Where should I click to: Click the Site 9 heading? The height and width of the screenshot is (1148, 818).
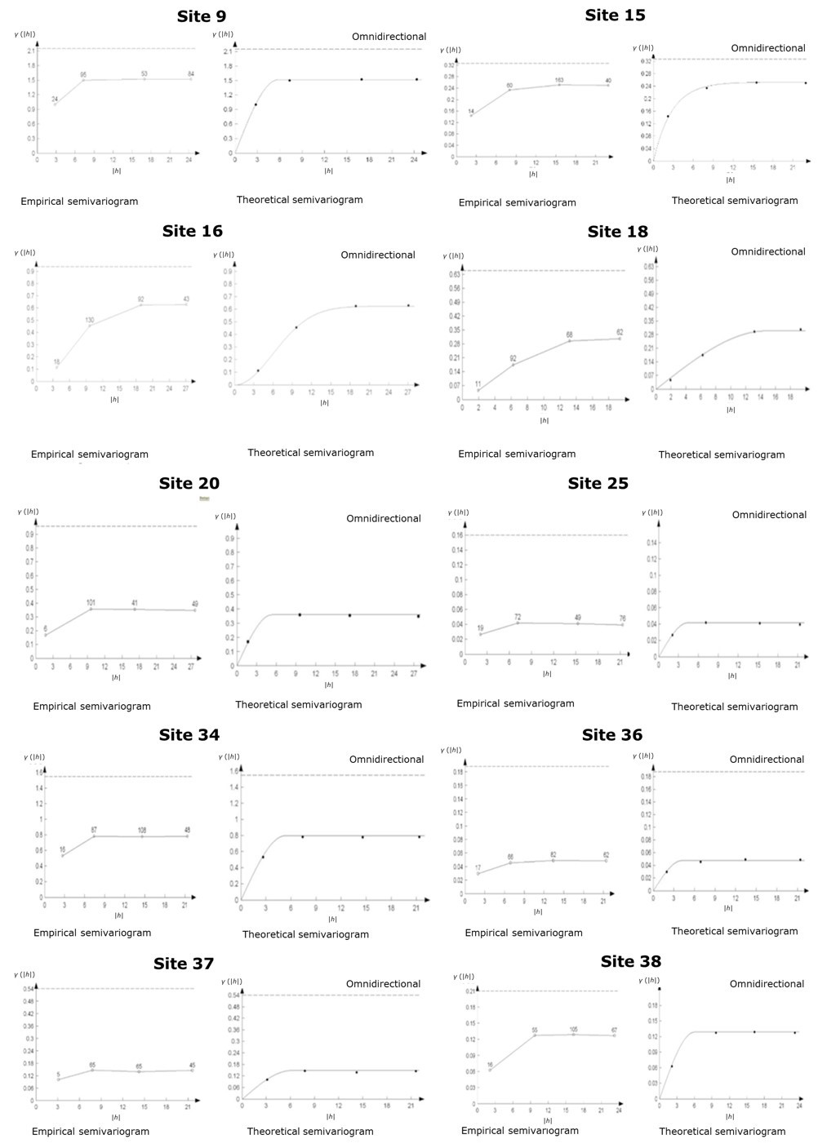pos(202,16)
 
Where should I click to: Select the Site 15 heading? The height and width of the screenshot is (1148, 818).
pos(615,15)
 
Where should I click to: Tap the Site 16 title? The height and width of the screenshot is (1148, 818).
pos(192,231)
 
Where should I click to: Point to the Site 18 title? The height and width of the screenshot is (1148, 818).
pos(617,232)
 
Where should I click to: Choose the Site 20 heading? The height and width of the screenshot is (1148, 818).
pos(189,483)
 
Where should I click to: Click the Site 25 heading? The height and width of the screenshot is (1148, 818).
pos(598,483)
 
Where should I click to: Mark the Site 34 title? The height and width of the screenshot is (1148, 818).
pos(189,735)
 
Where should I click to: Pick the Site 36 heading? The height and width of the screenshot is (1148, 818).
pos(611,735)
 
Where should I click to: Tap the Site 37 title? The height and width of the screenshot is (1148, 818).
pos(183,964)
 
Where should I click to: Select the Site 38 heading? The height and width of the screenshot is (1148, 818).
pos(630,961)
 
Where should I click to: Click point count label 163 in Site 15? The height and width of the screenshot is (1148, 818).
pos(559,80)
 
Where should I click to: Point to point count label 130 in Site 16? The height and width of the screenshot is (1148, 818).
pos(90,320)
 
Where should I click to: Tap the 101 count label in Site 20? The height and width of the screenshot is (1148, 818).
pos(91,603)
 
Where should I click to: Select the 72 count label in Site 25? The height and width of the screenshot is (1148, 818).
pos(518,617)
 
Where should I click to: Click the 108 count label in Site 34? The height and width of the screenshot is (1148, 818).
pos(142,830)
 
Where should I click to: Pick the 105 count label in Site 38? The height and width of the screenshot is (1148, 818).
pos(573,1029)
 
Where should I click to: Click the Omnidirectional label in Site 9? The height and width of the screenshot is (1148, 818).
pos(389,37)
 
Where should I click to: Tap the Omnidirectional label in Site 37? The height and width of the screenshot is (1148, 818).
pos(383,984)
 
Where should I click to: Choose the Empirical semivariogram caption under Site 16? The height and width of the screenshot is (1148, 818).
pos(90,454)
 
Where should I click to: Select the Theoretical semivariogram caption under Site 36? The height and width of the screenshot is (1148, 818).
pos(734,931)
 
